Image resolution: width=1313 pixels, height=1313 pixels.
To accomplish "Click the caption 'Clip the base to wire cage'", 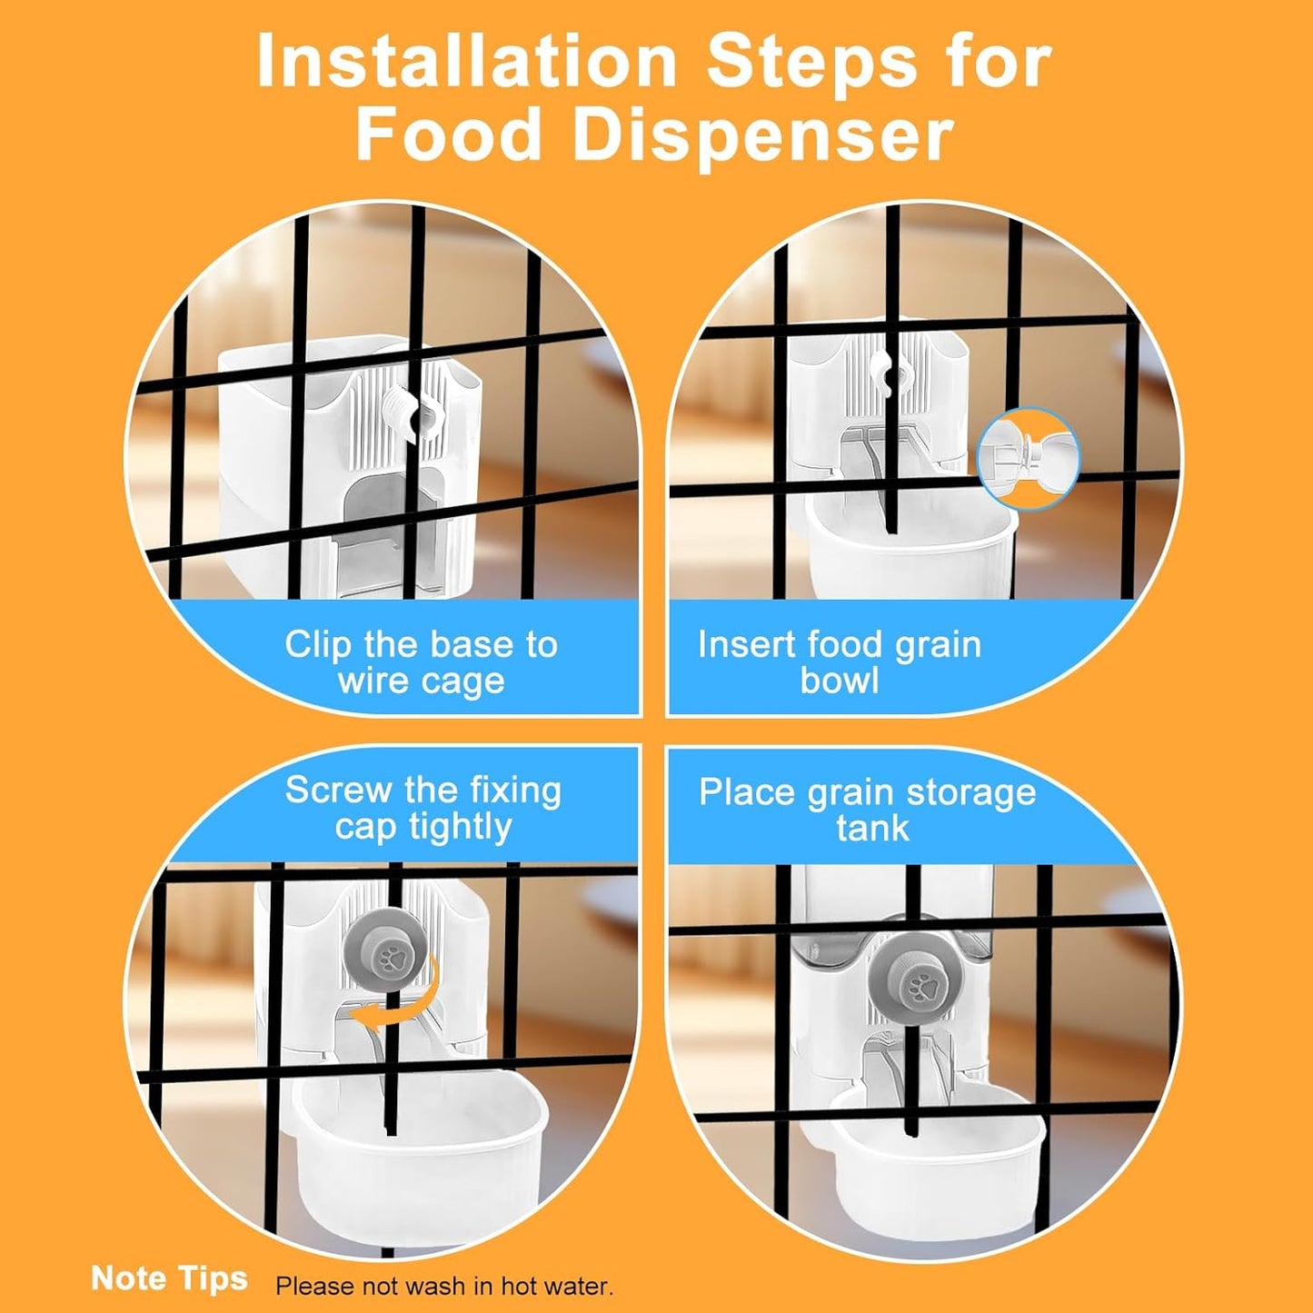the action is coord(421,662).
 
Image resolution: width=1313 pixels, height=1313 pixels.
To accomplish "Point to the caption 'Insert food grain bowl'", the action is coord(840,662).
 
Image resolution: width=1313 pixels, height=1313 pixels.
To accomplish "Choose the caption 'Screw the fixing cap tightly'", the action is coord(423,809).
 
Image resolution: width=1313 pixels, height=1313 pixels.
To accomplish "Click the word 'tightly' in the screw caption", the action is coord(461,828).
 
